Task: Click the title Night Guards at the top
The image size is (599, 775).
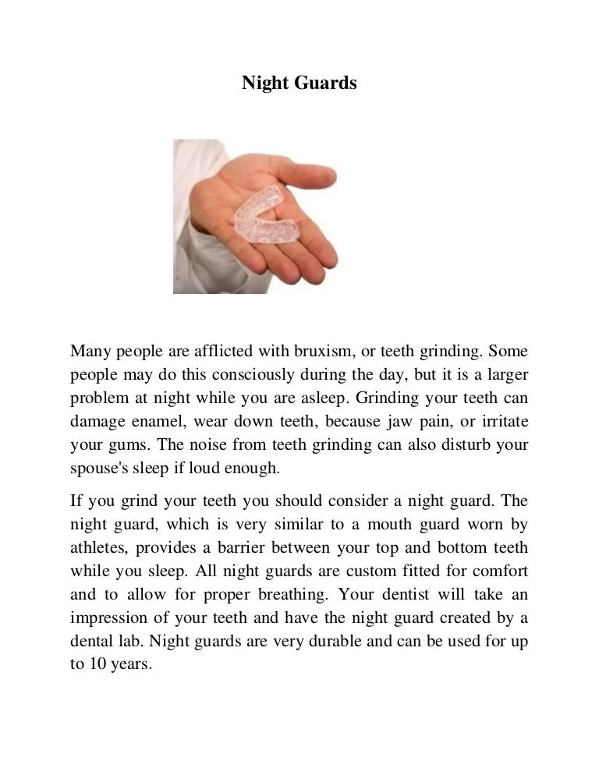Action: (299, 83)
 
